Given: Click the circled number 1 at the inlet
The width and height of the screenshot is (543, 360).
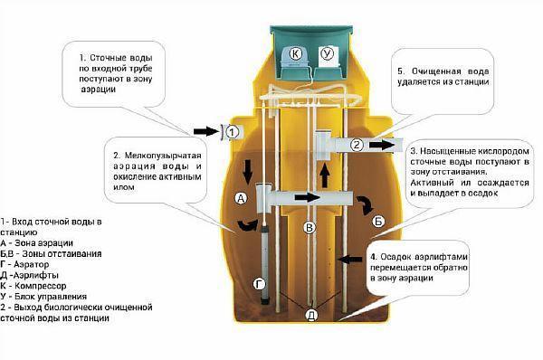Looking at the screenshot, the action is (x=233, y=132).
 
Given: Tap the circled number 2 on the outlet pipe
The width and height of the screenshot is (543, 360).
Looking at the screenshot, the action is (x=357, y=145).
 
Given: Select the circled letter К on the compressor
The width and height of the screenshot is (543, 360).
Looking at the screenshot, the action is (x=295, y=53).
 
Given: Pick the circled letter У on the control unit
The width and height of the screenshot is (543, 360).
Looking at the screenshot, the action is (x=326, y=53).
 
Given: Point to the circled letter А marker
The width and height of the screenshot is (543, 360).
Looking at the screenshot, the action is (x=241, y=198).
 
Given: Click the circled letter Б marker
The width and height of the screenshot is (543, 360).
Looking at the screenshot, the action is (x=378, y=222).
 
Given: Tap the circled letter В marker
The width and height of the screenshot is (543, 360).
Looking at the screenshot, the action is (x=310, y=227).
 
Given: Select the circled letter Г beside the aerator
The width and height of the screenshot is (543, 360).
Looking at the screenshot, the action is (x=259, y=285).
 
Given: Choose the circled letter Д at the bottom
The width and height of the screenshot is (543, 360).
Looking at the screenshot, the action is (x=311, y=315).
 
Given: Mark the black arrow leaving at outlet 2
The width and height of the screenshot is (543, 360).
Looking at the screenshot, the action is (x=382, y=145).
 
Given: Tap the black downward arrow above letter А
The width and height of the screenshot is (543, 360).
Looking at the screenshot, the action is (x=248, y=171).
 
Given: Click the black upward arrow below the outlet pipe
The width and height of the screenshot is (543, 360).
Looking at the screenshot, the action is (x=325, y=175).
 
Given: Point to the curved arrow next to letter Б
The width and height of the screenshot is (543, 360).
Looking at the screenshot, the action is (x=365, y=205).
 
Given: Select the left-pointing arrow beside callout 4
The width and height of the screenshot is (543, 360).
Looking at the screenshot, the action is (x=349, y=259).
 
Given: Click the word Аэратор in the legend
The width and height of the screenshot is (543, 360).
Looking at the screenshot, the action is (x=32, y=264).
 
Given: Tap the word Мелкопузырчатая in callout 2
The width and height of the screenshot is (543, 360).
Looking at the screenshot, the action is (x=163, y=156).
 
